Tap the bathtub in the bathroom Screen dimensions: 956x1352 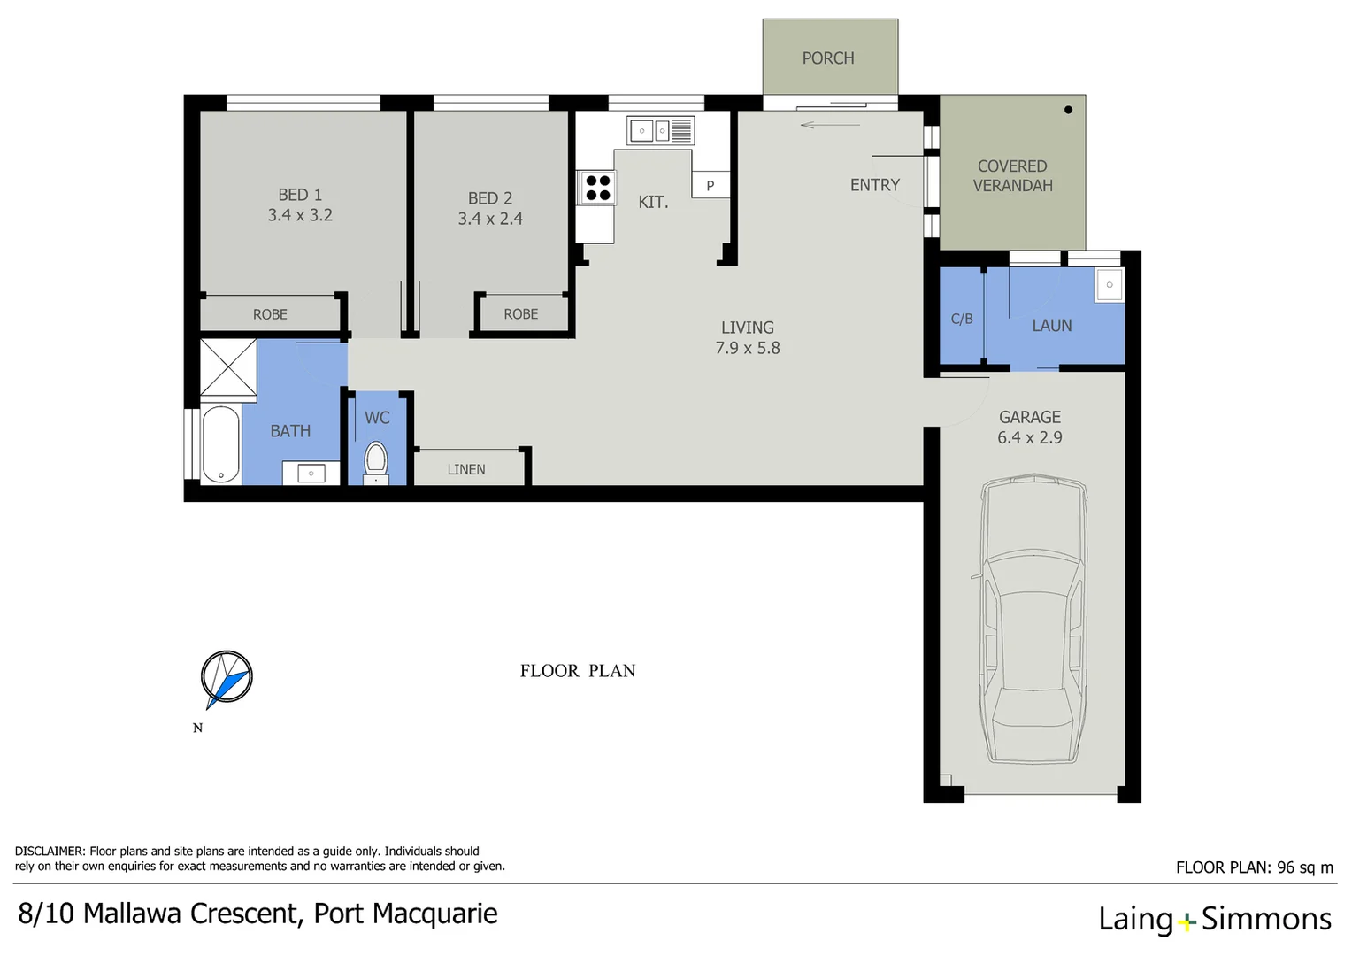pyautogui.click(x=220, y=444)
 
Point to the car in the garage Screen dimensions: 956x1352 pyautogui.click(x=1033, y=620)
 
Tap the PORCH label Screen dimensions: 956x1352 pyautogui.click(x=828, y=58)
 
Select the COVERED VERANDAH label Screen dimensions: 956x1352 pyautogui.click(x=1012, y=176)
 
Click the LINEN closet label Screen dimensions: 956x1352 pyautogui.click(x=466, y=470)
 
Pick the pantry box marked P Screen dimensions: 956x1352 pyautogui.click(x=710, y=186)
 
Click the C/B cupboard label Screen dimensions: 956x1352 pyautogui.click(x=962, y=319)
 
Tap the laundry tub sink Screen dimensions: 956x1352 pyautogui.click(x=1109, y=285)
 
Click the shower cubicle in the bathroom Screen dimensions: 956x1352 pyautogui.click(x=228, y=366)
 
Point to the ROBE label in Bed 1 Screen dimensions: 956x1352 pyautogui.click(x=270, y=314)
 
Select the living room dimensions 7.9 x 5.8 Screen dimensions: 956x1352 pyautogui.click(x=748, y=349)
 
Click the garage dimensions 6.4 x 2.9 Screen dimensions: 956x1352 pyautogui.click(x=1030, y=438)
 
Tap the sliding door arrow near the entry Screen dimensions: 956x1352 pyautogui.click(x=829, y=125)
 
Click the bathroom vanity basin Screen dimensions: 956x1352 pyautogui.click(x=311, y=474)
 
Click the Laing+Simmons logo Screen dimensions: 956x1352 pyautogui.click(x=1214, y=919)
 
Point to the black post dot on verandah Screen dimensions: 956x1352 pyautogui.click(x=1068, y=110)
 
